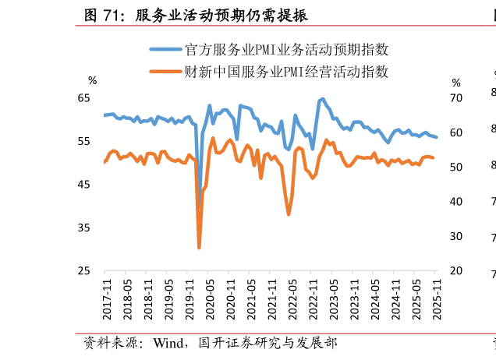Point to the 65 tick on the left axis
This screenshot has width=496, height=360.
(x=83, y=98)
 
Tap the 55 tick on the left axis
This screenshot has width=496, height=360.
(x=83, y=141)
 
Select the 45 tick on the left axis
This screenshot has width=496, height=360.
(x=83, y=185)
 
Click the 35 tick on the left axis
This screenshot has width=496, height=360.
(x=83, y=228)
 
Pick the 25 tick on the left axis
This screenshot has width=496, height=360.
(x=83, y=271)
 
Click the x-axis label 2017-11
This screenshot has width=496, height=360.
(x=108, y=299)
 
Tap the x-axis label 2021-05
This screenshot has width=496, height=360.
(x=252, y=299)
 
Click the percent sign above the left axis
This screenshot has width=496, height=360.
(x=92, y=81)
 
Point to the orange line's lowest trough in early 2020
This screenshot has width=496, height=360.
(x=199, y=247)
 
